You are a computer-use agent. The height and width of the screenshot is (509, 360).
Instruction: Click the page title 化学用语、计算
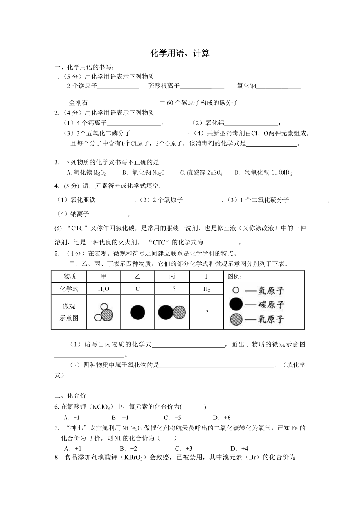[180, 54]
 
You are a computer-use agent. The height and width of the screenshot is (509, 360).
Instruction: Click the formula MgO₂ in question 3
[100, 172]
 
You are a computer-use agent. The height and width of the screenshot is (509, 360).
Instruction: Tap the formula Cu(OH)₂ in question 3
[282, 172]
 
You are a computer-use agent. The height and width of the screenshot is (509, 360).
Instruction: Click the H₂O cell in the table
[104, 289]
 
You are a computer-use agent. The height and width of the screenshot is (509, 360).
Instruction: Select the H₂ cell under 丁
[206, 289]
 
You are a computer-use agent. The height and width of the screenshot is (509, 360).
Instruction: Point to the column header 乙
[137, 276]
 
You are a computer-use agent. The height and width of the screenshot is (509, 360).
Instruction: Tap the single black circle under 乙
[137, 312]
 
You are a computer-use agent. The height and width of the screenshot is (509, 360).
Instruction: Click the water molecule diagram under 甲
[104, 312]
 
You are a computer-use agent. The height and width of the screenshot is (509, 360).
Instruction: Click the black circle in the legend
[236, 304]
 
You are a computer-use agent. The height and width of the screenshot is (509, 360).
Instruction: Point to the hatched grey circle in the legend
[236, 319]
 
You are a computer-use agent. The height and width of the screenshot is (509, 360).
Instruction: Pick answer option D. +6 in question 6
[222, 417]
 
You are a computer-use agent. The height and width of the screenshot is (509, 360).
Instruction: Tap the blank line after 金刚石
[109, 103]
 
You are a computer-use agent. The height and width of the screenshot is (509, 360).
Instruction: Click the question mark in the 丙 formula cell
[172, 289]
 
